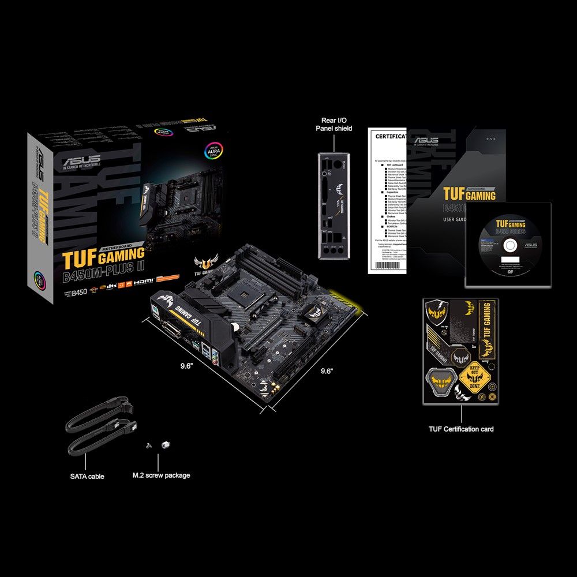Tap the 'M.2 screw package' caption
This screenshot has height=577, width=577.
tap(161, 475)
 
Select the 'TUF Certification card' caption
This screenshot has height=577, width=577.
tap(461, 429)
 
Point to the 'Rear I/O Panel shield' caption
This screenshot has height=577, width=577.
tap(334, 124)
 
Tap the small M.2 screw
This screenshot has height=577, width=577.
tap(149, 445)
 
